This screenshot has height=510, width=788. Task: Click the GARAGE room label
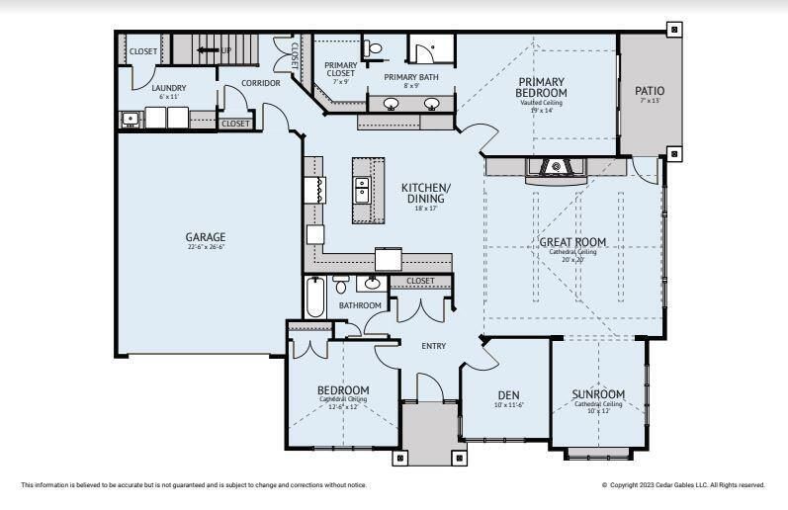pyautogui.click(x=206, y=237)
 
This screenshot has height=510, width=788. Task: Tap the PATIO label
pyautogui.click(x=650, y=91)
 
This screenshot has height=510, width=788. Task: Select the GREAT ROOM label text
pyautogui.click(x=572, y=242)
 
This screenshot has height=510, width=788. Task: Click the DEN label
pyautogui.click(x=507, y=395)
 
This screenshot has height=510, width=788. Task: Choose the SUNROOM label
pyautogui.click(x=598, y=394)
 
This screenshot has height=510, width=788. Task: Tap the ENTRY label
pyautogui.click(x=433, y=346)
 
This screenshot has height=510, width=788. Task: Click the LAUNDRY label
pyautogui.click(x=169, y=88)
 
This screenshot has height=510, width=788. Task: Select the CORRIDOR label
pyautogui.click(x=261, y=83)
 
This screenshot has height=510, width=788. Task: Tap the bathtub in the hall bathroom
pyautogui.click(x=314, y=296)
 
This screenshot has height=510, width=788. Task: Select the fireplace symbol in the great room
pyautogui.click(x=556, y=168)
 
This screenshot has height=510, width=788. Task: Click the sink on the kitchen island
pyautogui.click(x=362, y=184)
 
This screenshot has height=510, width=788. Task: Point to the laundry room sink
pyautogui.click(x=130, y=119)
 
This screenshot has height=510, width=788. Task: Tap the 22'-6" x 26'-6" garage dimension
pyautogui.click(x=206, y=248)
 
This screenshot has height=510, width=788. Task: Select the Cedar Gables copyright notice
pyautogui.click(x=683, y=485)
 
